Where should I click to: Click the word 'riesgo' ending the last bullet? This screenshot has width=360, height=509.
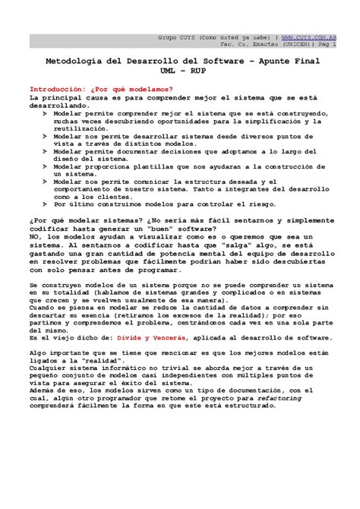pyautogui.click(x=236, y=204)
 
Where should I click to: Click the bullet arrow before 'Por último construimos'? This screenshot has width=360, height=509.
pyautogui.click(x=45, y=204)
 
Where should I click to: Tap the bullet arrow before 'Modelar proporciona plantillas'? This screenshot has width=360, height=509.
pyautogui.click(x=45, y=166)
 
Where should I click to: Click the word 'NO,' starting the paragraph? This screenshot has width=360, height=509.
pyautogui.click(x=35, y=237)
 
